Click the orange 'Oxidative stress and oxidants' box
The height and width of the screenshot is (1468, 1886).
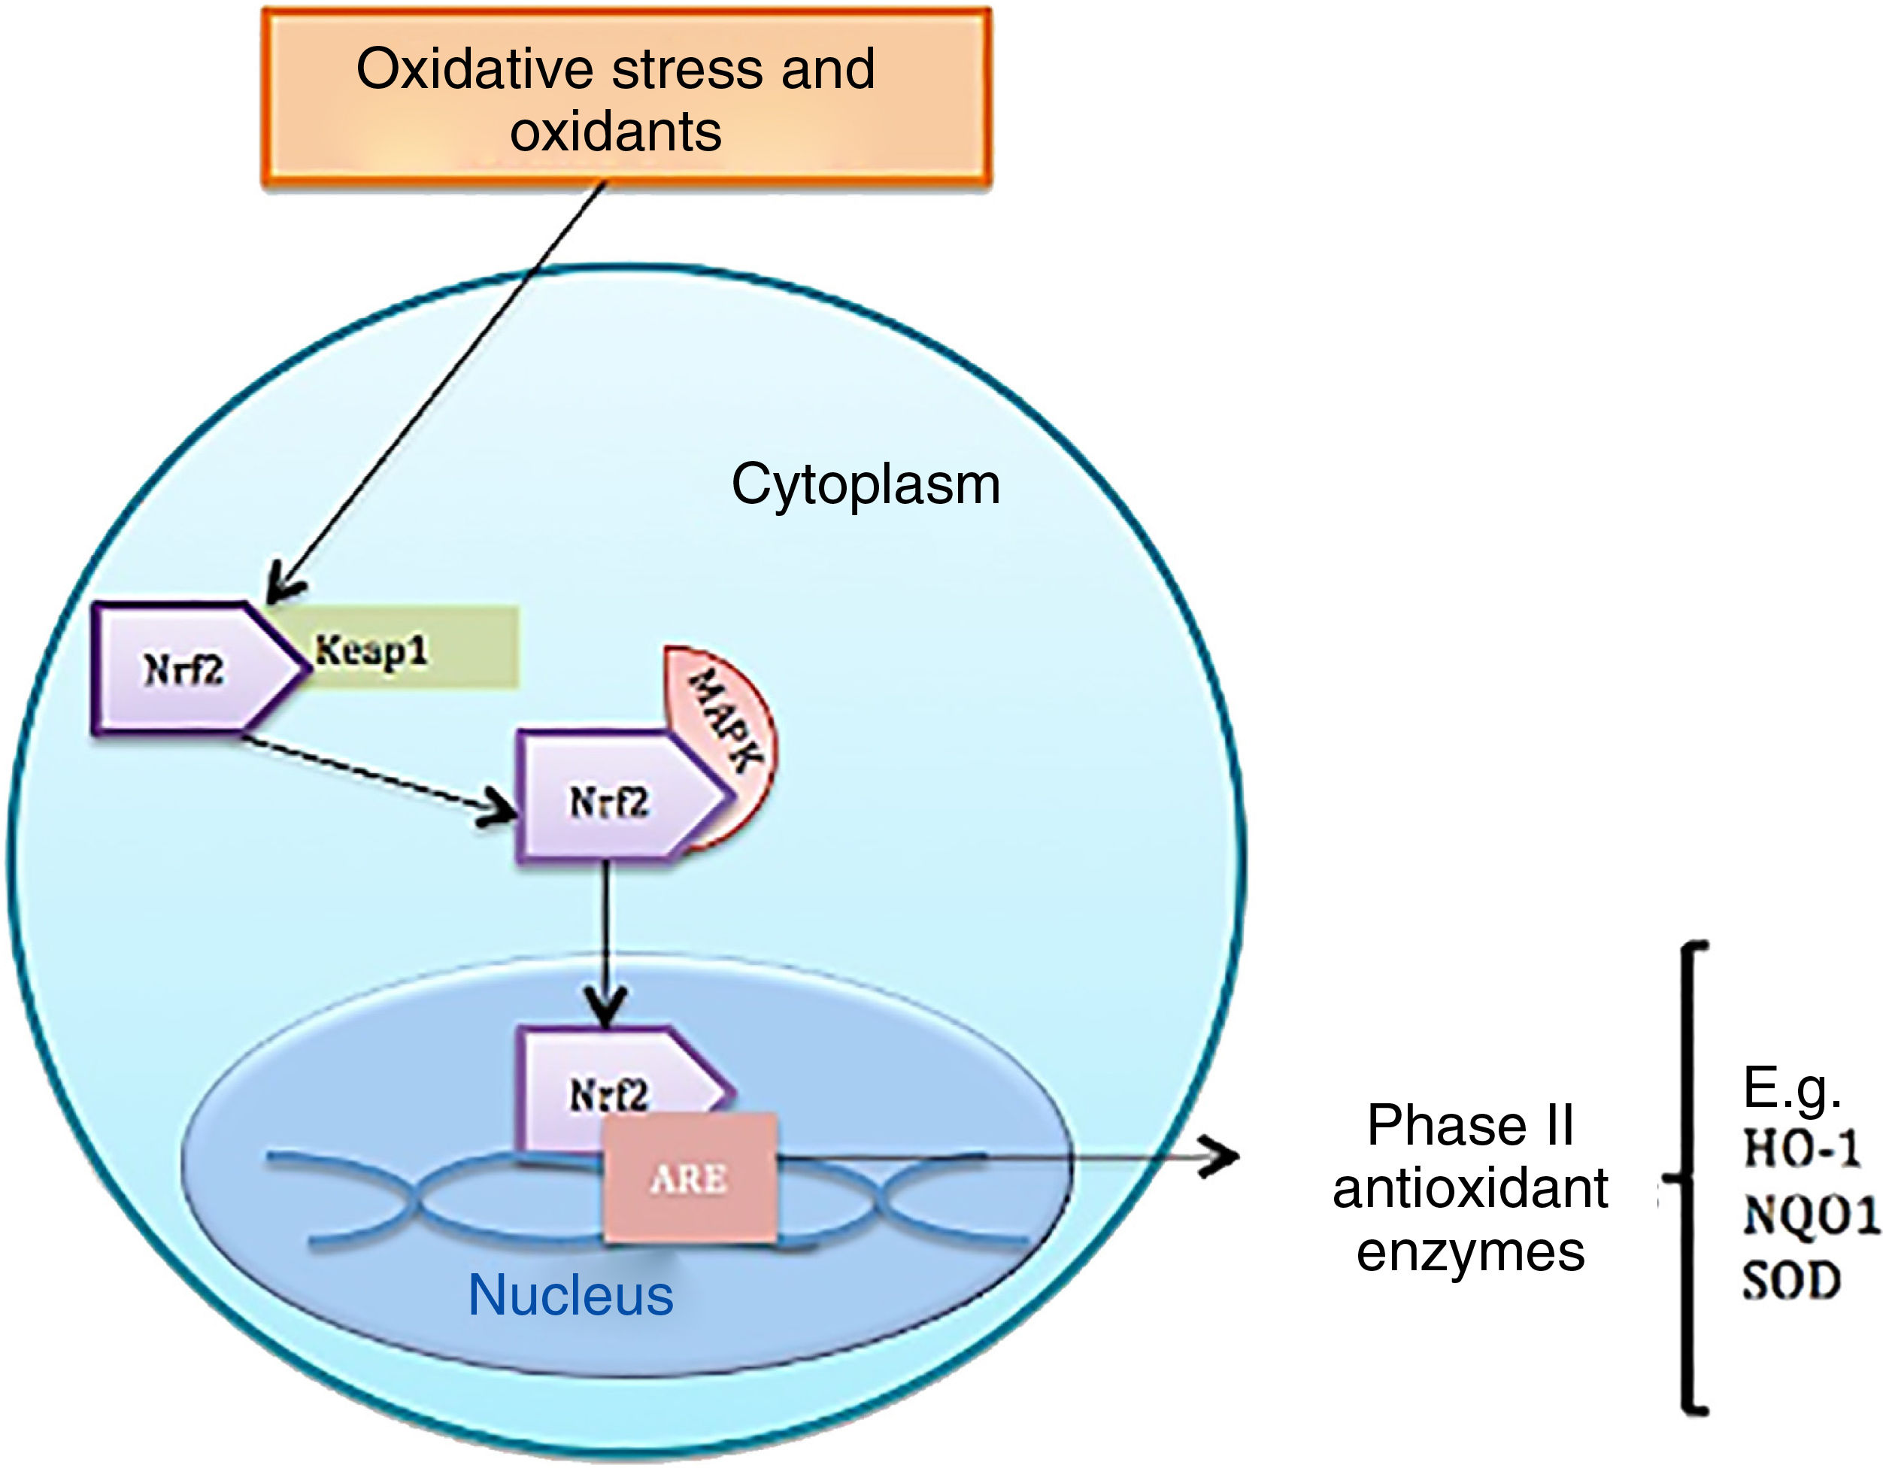pyautogui.click(x=626, y=98)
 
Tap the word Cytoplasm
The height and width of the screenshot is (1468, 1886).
pyautogui.click(x=866, y=484)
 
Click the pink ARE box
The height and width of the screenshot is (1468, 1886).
pyautogui.click(x=689, y=1178)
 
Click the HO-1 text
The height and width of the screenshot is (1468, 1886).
pyautogui.click(x=1800, y=1149)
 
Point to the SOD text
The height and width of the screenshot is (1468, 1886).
pyautogui.click(x=1791, y=1281)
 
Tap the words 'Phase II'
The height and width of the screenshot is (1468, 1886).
pyautogui.click(x=1471, y=1125)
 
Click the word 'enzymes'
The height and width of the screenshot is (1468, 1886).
pyautogui.click(x=1471, y=1252)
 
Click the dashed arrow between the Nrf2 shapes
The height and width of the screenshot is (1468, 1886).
pyautogui.click(x=371, y=775)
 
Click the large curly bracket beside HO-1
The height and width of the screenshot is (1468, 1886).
pyautogui.click(x=1688, y=1178)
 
